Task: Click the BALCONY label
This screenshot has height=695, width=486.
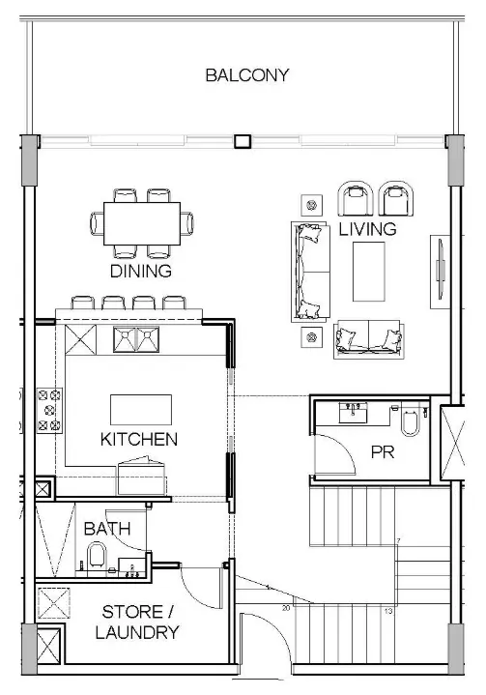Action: tap(246, 75)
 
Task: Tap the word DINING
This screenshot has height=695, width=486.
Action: tap(140, 272)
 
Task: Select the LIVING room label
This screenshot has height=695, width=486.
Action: tap(367, 229)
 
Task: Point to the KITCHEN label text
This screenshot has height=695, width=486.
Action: tap(139, 439)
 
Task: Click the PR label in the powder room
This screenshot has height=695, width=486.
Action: tap(383, 451)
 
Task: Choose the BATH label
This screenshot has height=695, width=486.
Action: tap(101, 529)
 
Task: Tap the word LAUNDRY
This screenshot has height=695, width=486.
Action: tap(140, 633)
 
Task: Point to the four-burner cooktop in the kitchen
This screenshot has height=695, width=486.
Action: tap(48, 409)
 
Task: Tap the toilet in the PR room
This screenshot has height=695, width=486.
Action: tap(408, 422)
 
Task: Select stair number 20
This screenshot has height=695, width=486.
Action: tap(286, 609)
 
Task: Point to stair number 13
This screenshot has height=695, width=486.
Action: tap(387, 611)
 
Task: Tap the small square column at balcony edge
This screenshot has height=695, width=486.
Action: tap(242, 142)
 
